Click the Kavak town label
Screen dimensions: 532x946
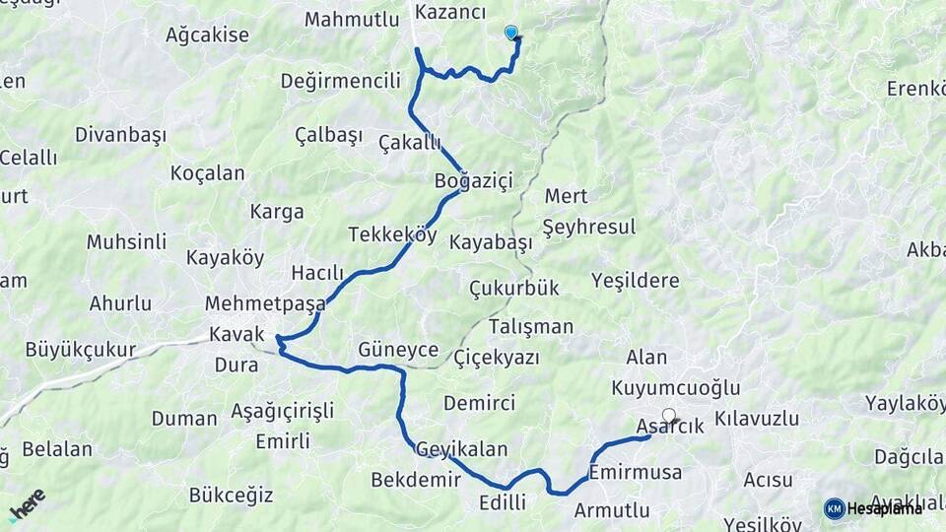point(236,335)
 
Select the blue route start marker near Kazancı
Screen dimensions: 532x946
point(510,33)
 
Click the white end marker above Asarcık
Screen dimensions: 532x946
point(669,415)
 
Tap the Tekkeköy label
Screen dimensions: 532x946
point(392,234)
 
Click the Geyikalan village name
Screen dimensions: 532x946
point(461,449)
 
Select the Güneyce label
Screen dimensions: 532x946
point(398,349)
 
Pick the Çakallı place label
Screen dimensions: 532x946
point(409,143)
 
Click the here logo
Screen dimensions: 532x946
point(29,505)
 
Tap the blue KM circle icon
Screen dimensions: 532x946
point(834,508)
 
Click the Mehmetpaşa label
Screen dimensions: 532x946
point(263,302)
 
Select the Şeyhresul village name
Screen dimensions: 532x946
point(588,226)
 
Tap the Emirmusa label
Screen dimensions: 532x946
point(635,473)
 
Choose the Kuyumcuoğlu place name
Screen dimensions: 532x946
point(675,387)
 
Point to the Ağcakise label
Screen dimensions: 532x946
point(207,35)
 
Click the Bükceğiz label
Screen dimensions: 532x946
point(231,495)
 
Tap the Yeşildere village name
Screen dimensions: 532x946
point(635,281)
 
